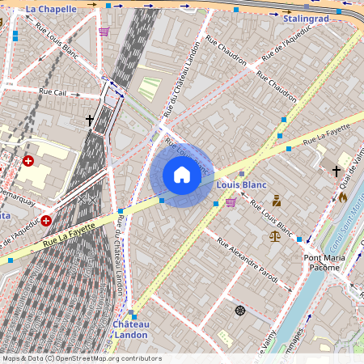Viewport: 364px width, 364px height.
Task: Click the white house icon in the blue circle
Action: pyautogui.click(x=182, y=175)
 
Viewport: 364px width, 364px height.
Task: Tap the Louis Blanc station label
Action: pyautogui.click(x=242, y=184)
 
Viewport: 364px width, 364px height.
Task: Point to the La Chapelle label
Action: pyautogui.click(x=51, y=9)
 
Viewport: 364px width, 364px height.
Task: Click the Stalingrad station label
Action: pyautogui.click(x=306, y=17)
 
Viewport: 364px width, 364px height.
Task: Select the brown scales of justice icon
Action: pyautogui.click(x=275, y=235)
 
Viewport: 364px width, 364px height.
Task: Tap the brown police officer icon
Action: pyautogui.click(x=276, y=201)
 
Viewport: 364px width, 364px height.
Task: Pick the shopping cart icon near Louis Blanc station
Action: pyautogui.click(x=231, y=201)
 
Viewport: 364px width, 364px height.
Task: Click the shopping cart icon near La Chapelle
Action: pyautogui.click(x=104, y=32)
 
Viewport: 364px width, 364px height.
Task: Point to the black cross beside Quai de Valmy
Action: pyautogui.click(x=336, y=171)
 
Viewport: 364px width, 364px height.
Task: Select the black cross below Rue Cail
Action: pyautogui.click(x=90, y=121)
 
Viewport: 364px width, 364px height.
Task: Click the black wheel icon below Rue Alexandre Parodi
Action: pyautogui.click(x=239, y=311)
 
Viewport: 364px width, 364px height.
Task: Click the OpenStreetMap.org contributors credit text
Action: pyautogui.click(x=108, y=358)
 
